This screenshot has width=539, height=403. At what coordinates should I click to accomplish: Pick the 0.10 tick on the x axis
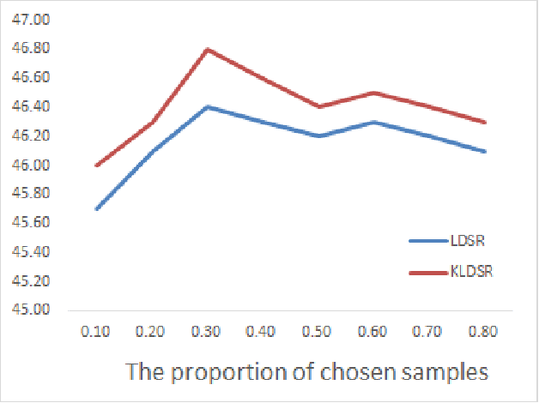(x=95, y=331)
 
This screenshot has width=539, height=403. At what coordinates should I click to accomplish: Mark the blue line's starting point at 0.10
(x=96, y=208)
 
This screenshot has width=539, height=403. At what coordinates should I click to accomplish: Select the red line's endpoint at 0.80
(x=486, y=122)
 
